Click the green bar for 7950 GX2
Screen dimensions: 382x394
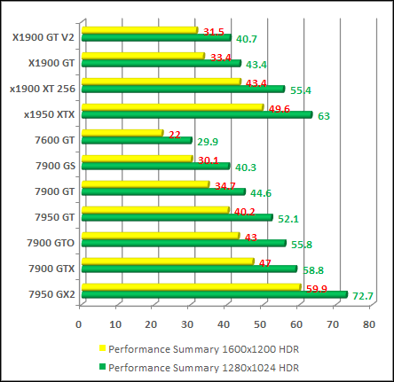pyautogui.click(x=213, y=294)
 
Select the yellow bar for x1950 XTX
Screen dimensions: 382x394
pyautogui.click(x=171, y=107)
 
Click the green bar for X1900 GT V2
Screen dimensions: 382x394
pyautogui.click(x=154, y=38)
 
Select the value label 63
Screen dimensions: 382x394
pyautogui.click(x=324, y=115)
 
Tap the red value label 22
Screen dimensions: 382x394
pyautogui.click(x=174, y=134)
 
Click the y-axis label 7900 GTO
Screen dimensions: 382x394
pyautogui.click(x=51, y=242)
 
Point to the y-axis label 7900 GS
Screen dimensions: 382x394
pyautogui.click(x=55, y=165)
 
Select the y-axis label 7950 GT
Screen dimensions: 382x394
pyautogui.click(x=55, y=216)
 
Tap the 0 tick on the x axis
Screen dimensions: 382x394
pyautogui.click(x=80, y=324)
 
